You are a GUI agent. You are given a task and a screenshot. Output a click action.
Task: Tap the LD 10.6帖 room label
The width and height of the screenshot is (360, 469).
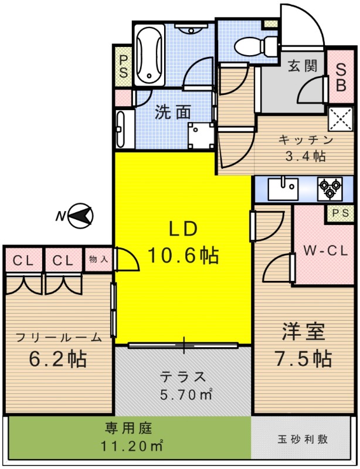pyautogui.click(x=183, y=243)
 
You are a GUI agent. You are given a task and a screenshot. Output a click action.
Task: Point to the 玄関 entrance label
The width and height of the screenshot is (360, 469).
pyautogui.click(x=303, y=65)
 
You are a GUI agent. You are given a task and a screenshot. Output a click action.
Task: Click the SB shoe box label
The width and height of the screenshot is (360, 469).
pyautogui.click(x=340, y=77)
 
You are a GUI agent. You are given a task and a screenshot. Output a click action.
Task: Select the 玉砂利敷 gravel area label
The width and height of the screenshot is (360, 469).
pyautogui.click(x=303, y=439)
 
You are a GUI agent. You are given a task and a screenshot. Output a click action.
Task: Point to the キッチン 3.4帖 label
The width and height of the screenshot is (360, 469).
pyautogui.click(x=305, y=148)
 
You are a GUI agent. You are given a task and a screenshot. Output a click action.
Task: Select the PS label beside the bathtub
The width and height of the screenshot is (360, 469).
pyautogui.click(x=124, y=66)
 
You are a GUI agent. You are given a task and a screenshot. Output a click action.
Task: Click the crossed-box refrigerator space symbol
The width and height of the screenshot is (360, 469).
pyautogui.click(x=340, y=119)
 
